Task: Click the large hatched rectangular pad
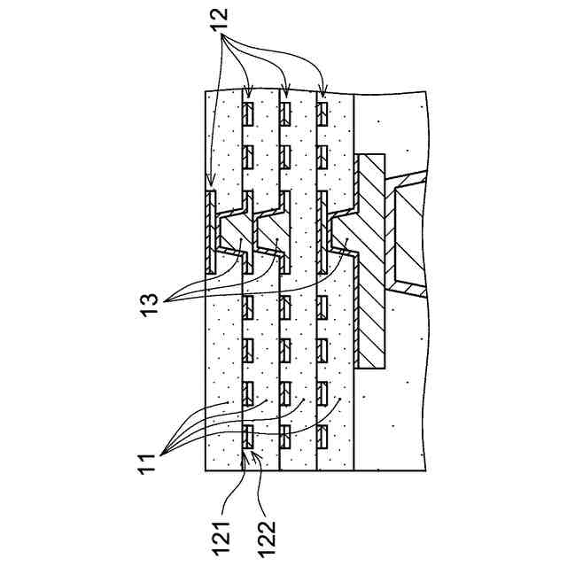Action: pos(372,261)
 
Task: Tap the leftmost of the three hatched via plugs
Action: pos(235,233)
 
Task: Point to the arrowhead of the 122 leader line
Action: pos(253,452)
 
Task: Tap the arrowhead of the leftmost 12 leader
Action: pos(210,188)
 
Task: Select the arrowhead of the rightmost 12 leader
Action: pos(324,96)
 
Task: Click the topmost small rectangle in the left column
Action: pos(249,113)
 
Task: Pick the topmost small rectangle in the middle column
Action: pos(285,113)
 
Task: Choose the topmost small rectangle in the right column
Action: pos(322,113)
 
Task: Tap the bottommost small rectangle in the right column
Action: pos(322,435)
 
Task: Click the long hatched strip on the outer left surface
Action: pos(210,230)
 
